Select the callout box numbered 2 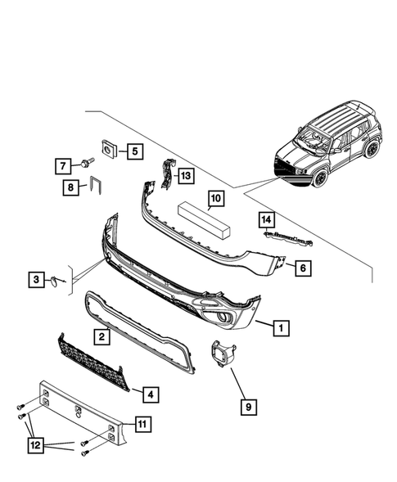pos(102,336)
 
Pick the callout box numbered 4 pos(150,394)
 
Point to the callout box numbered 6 pos(301,268)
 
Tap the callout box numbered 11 pos(142,423)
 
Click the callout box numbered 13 pos(186,175)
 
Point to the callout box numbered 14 pos(265,219)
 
